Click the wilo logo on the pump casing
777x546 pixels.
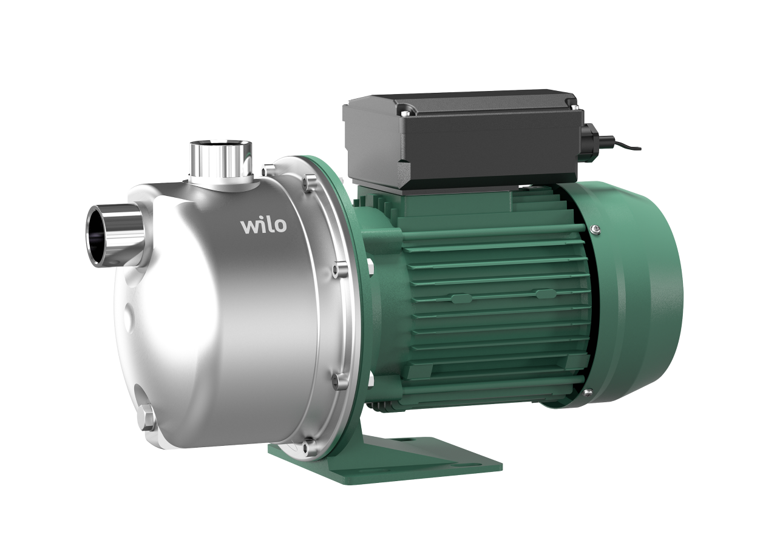click(263, 226)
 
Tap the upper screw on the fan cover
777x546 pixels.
click(594, 229)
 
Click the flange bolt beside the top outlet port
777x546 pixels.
click(265, 170)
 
